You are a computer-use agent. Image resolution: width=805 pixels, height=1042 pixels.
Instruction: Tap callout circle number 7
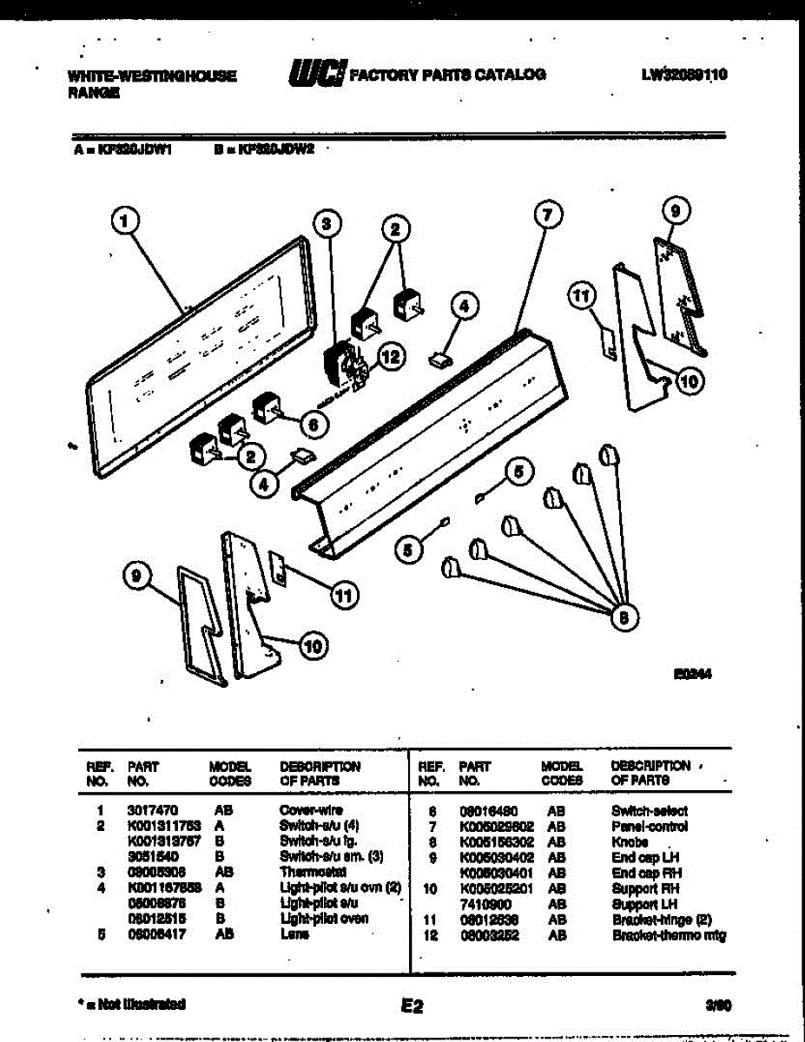[548, 215]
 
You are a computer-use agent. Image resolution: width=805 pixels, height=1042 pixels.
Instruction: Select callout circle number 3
[326, 224]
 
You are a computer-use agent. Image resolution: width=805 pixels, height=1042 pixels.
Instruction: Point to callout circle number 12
[392, 355]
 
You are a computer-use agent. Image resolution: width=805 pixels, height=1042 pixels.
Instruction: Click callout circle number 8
[621, 617]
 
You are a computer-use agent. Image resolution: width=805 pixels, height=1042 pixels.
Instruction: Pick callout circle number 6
[313, 424]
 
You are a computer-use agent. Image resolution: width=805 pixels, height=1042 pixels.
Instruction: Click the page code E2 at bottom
[411, 1006]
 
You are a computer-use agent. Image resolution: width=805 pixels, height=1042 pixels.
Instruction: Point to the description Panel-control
[650, 827]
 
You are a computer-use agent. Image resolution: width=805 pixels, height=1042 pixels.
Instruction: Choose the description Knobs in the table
[630, 842]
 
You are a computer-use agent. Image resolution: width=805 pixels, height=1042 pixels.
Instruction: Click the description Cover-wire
[310, 810]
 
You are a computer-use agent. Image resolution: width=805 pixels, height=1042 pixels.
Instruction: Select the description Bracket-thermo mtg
[669, 935]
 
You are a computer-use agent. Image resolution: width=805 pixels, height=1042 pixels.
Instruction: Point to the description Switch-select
[650, 811]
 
